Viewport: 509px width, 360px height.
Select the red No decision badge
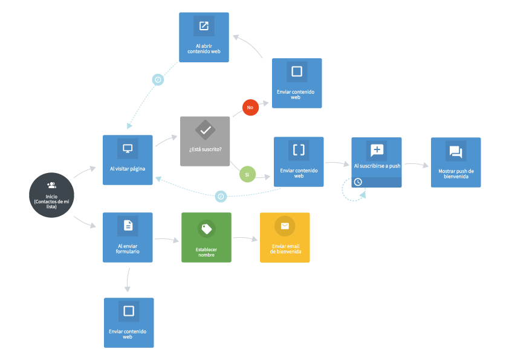pyautogui.click(x=250, y=107)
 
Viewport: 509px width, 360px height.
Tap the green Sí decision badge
pyautogui.click(x=247, y=174)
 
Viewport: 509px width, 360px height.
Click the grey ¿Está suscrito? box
pyautogui.click(x=205, y=141)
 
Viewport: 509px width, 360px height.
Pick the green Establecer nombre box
pyautogui.click(x=206, y=237)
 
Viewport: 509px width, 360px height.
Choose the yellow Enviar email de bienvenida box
pyautogui.click(x=285, y=237)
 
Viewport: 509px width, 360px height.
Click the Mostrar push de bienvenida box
pyautogui.click(x=456, y=162)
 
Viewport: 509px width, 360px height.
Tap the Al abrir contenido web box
pyautogui.click(x=204, y=37)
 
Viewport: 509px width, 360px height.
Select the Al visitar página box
pyautogui.click(x=128, y=160)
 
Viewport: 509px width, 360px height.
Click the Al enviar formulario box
pyautogui.click(x=128, y=237)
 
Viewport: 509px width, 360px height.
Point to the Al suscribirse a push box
pyautogui.click(x=376, y=162)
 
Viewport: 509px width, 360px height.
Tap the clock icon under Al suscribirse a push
pyautogui.click(x=358, y=182)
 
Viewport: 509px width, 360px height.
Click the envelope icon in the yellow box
pyautogui.click(x=285, y=226)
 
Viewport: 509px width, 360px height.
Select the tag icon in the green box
pyautogui.click(x=206, y=228)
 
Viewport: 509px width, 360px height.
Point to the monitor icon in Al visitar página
pyautogui.click(x=128, y=149)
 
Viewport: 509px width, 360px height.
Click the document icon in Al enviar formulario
pyautogui.click(x=128, y=226)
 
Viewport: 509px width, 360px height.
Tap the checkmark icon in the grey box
pyautogui.click(x=205, y=130)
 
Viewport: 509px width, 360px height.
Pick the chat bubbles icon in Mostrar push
pyautogui.click(x=456, y=151)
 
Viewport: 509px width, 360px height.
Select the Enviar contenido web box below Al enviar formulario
pyautogui.click(x=128, y=322)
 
